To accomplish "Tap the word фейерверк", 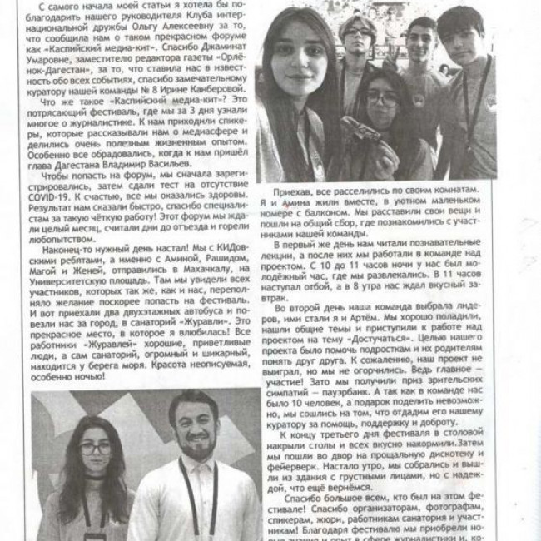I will [305, 469].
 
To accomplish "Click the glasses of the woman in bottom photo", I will [96, 448].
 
